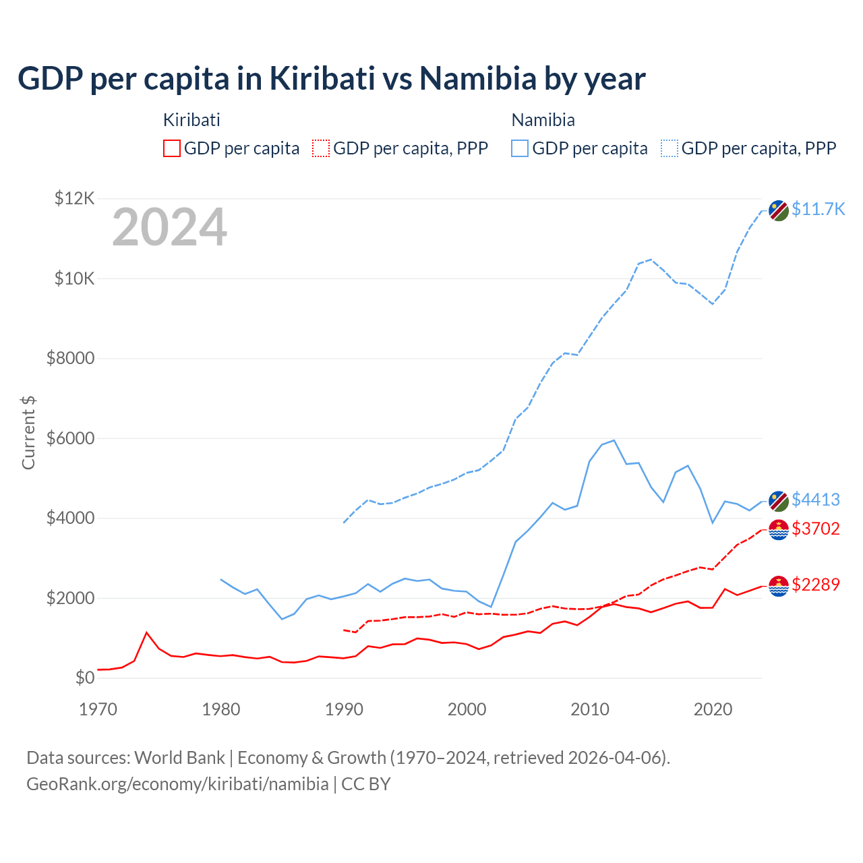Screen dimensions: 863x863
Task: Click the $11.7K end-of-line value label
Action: pyautogui.click(x=818, y=209)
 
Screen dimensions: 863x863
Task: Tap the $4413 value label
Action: pyautogui.click(x=816, y=500)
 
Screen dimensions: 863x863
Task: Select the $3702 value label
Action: pyautogui.click(x=816, y=529)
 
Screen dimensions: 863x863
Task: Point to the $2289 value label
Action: pyautogui.click(x=816, y=585)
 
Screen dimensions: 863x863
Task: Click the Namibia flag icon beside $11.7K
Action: pyautogui.click(x=779, y=210)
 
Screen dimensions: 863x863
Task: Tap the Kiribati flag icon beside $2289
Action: pyautogui.click(x=779, y=586)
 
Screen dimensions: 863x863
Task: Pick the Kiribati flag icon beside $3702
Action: pyautogui.click(x=779, y=530)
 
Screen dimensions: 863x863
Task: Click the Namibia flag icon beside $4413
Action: pyautogui.click(x=779, y=502)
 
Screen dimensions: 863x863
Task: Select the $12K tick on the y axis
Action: pyautogui.click(x=75, y=198)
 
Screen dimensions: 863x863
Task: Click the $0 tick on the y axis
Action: pyautogui.click(x=84, y=678)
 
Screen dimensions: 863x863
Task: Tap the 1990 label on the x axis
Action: pyautogui.click(x=344, y=709)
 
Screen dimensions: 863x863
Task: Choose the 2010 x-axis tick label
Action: pyautogui.click(x=590, y=709)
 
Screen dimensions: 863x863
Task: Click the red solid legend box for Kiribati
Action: pyautogui.click(x=172, y=148)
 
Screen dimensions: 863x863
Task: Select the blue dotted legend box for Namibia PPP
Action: pyautogui.click(x=669, y=148)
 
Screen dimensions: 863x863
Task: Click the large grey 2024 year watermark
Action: pyautogui.click(x=169, y=228)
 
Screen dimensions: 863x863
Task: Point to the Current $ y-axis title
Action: pyautogui.click(x=28, y=433)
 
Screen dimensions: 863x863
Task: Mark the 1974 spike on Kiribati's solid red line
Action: pyautogui.click(x=146, y=632)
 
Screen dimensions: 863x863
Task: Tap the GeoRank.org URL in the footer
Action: pyautogui.click(x=177, y=784)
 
